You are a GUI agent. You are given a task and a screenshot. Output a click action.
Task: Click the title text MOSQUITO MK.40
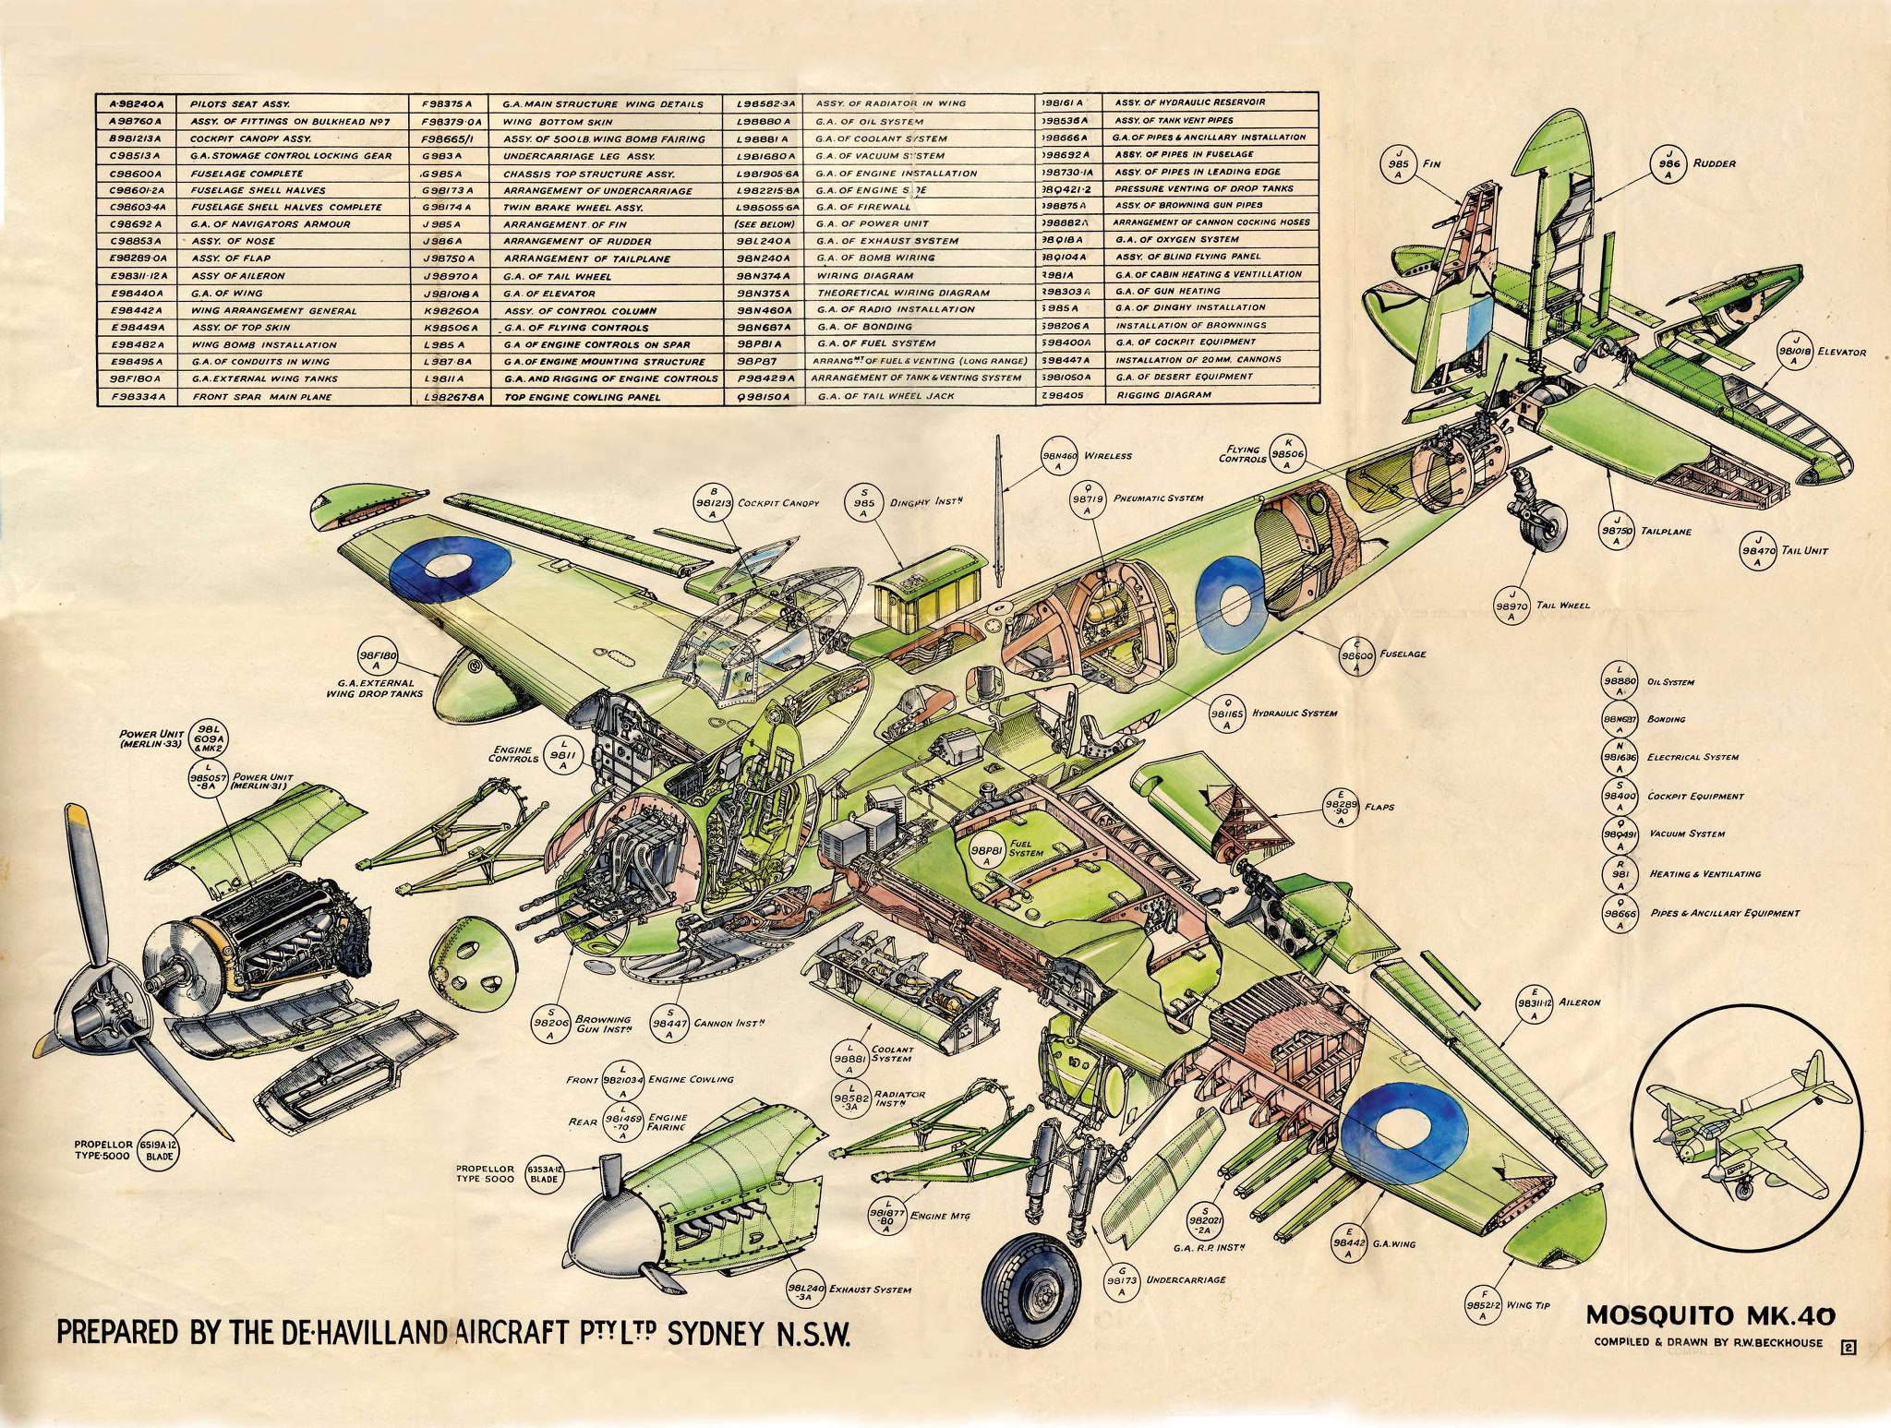click(1710, 1315)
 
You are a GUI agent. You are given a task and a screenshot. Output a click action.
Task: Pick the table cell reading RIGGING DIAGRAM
click(1163, 395)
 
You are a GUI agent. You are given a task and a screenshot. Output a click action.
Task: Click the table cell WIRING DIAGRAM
click(865, 275)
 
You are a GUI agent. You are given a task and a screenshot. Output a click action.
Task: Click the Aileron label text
click(1580, 1002)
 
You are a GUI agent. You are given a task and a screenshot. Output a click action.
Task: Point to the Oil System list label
click(1670, 682)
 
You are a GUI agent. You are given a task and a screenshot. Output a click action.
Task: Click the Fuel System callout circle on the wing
click(986, 853)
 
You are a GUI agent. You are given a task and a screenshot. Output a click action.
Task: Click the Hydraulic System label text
click(1299, 714)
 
